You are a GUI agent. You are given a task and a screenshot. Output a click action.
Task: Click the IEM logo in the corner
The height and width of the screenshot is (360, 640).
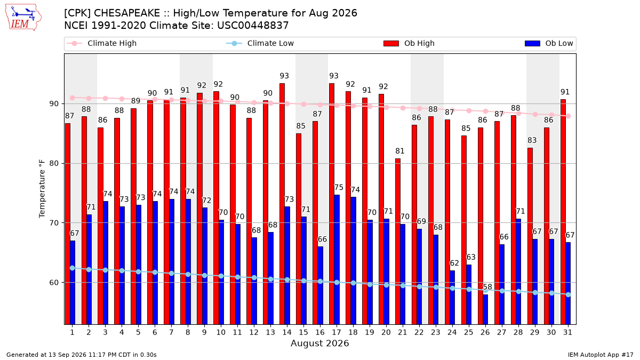23,18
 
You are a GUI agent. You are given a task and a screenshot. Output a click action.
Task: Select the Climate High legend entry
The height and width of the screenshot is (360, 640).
101,43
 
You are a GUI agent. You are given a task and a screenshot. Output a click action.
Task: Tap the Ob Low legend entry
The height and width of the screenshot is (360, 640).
549,43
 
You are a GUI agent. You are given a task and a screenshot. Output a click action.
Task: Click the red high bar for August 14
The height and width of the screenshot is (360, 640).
282,204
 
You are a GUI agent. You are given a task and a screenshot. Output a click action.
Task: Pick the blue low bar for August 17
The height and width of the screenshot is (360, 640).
337,259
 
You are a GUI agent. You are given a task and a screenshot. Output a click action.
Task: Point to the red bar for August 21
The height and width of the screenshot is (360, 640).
398,242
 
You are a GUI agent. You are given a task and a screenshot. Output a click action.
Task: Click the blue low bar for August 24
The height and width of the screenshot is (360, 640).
452,298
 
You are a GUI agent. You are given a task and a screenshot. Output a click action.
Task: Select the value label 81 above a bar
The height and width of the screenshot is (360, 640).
399,151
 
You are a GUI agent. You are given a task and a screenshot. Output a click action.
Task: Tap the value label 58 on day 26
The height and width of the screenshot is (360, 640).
487,286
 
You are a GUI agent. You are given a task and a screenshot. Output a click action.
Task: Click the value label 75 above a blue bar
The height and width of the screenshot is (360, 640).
339,187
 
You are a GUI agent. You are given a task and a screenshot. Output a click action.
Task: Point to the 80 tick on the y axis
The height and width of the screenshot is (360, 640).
54,163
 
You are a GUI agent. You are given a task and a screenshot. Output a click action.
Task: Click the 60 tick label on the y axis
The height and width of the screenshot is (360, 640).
54,283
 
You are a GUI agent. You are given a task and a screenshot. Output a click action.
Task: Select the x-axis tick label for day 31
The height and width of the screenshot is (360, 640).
567,332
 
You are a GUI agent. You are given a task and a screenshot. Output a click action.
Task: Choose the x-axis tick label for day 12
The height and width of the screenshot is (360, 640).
254,332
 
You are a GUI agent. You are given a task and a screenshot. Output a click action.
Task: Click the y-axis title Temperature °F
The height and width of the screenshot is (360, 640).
42,189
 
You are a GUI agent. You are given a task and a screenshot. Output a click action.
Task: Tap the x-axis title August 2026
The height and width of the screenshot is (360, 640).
319,343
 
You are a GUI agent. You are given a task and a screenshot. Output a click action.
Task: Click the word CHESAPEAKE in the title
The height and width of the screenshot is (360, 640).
127,13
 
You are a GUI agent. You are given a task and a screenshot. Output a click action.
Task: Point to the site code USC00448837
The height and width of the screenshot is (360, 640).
253,26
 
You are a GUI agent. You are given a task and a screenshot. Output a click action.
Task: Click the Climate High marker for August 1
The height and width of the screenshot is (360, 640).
73,98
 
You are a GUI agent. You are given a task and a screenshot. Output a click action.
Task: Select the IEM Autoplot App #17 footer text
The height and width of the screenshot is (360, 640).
601,355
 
